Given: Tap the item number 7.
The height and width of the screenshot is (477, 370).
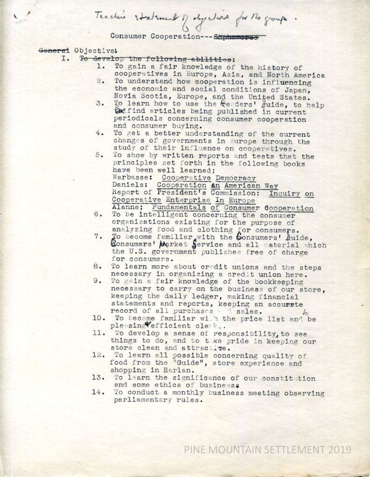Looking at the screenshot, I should pos(98,236).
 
